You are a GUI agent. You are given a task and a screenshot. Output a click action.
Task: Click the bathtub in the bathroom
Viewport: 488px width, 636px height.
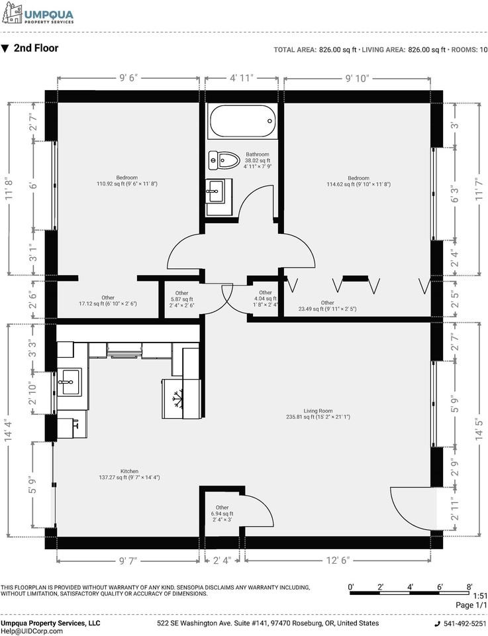point(242,121)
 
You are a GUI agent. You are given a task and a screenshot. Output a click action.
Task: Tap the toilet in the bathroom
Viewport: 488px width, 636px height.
point(223,160)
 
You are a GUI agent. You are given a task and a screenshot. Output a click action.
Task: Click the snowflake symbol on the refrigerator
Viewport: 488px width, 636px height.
point(177,399)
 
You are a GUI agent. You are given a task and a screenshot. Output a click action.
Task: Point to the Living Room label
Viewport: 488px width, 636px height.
point(318,411)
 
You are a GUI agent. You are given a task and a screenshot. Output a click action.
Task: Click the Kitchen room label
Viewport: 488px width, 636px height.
point(129,471)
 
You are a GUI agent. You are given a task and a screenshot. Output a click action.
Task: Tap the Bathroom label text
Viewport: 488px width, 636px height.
point(258,154)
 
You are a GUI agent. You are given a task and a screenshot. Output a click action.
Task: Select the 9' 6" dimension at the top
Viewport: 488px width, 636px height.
point(128,78)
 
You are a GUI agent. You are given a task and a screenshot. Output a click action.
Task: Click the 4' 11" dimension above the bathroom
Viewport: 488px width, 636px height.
point(242,78)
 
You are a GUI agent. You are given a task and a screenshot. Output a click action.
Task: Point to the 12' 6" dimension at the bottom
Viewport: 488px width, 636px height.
point(338,560)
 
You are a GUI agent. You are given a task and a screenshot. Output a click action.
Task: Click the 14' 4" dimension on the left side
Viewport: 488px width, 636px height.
point(9,431)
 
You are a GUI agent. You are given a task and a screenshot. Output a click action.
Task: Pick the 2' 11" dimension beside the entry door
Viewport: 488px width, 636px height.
point(456,509)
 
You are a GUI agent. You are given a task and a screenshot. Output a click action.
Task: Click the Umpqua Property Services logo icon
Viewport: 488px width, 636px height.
point(12,13)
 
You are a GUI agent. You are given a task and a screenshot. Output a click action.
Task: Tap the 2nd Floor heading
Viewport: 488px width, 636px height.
point(36,48)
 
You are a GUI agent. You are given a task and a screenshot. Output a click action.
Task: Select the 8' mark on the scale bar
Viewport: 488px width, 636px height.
point(469,586)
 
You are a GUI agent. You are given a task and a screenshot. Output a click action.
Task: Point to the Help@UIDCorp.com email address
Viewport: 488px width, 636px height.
point(32,631)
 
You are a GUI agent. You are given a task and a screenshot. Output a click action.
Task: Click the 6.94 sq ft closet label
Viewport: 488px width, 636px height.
point(222,513)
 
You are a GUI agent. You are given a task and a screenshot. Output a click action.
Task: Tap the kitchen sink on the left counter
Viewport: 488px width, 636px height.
point(70,382)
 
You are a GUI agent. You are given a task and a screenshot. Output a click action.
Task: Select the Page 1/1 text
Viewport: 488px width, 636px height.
point(471,605)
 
